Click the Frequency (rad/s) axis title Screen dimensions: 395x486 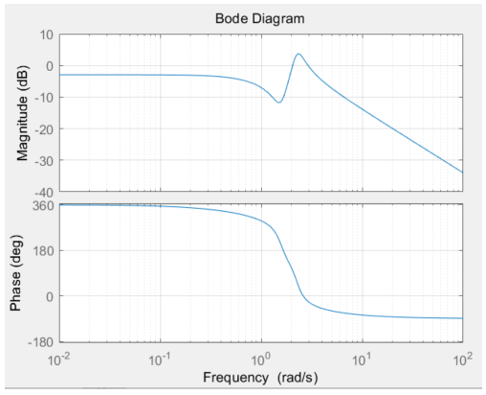(260, 377)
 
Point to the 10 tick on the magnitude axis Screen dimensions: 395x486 (44, 35)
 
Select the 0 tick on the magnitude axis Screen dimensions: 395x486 (48, 67)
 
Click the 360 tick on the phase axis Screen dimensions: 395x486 (42, 205)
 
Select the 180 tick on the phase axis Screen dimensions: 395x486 (42, 250)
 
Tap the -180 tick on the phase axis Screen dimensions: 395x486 (39, 342)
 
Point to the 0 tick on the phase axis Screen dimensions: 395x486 (49, 296)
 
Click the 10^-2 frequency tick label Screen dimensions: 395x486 (59, 358)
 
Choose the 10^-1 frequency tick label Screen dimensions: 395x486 (160, 358)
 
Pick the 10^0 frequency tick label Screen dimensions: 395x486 (260, 358)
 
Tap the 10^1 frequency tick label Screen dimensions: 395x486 (362, 358)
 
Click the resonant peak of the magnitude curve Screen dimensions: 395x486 (298, 54)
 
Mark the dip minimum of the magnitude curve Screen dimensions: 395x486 (278, 102)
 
